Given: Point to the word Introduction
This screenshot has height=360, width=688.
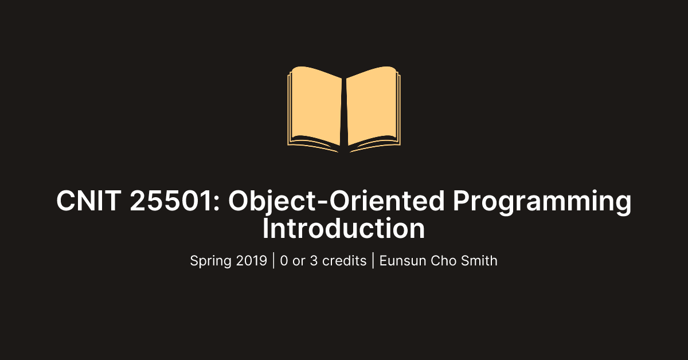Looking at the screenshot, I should point(344,229).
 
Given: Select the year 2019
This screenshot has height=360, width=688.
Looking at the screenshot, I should point(251,261).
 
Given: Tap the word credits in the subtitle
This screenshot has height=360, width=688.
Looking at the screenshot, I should point(344,261).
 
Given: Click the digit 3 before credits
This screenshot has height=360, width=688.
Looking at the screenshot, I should point(314,261).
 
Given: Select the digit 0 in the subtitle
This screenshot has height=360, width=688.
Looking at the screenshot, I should point(284,261).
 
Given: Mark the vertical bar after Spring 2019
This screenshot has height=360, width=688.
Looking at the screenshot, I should point(273,261).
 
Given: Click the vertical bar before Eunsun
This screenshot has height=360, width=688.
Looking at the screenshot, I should point(373,261).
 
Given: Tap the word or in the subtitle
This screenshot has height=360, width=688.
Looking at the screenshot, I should point(299,261).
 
